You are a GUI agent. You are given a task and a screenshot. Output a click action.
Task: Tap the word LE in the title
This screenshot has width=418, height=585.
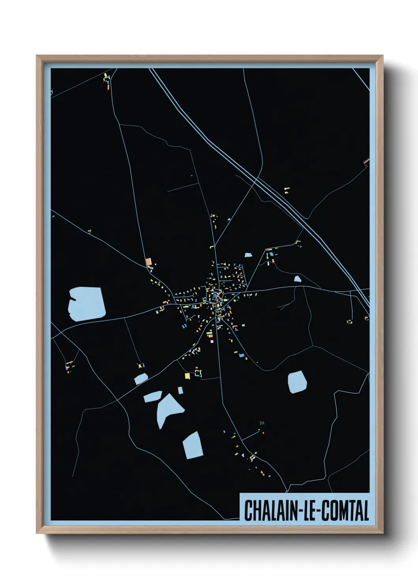309,511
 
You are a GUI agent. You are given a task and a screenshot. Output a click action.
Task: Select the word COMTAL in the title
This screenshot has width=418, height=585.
344,511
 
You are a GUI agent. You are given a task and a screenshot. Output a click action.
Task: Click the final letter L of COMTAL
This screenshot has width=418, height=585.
366,511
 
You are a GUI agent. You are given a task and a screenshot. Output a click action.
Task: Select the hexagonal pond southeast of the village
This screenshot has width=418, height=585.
297,382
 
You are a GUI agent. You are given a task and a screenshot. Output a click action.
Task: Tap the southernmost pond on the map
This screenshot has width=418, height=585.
193,445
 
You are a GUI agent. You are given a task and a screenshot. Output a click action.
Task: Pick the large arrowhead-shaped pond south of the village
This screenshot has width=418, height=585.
168,409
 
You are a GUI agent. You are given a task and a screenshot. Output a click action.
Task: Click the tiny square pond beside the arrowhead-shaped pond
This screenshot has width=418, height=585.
180,390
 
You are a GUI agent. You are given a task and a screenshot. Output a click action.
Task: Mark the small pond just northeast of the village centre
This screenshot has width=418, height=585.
248,255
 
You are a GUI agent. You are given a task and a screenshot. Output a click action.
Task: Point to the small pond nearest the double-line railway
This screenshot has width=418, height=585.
297,279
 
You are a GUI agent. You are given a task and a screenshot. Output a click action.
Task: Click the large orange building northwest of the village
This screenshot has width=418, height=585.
149,262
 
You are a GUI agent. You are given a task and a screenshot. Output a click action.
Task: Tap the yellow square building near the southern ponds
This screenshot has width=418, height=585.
188,376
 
